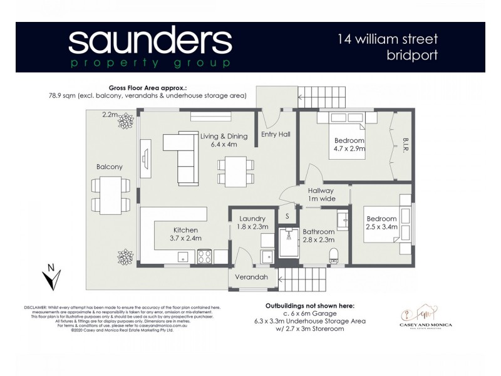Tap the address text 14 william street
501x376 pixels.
[x=388, y=39]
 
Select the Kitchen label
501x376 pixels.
[x=185, y=234]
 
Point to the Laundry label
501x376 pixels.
[x=253, y=222]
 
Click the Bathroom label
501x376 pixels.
[x=319, y=235]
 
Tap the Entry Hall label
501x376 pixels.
[x=276, y=134]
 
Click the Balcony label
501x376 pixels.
[x=110, y=167]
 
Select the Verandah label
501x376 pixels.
[x=251, y=276]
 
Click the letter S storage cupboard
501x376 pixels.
[x=287, y=216]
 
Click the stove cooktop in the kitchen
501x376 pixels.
[x=205, y=256]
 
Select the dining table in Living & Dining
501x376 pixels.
[x=236, y=171]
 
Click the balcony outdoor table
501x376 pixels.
[x=111, y=194]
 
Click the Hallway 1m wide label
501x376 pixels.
[x=321, y=194]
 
